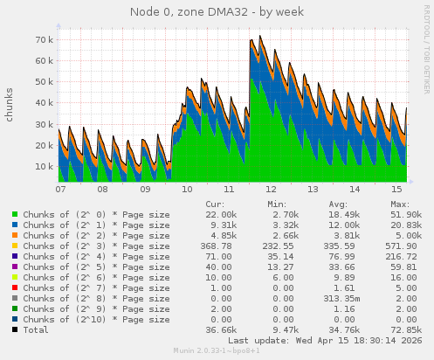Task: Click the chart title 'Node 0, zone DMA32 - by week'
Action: coord(217,11)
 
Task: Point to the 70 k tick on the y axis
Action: coord(40,39)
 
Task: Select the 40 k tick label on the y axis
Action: coord(40,103)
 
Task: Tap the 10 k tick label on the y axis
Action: coord(40,166)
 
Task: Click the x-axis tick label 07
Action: coord(60,189)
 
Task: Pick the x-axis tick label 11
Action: coord(230,189)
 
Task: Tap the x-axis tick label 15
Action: coord(397,189)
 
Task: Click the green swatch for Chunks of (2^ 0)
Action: coord(15,214)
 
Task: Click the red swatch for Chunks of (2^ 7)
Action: coord(15,287)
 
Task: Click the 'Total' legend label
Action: coord(36,329)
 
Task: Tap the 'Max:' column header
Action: coord(389,204)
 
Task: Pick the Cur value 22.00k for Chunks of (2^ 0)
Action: coord(221,214)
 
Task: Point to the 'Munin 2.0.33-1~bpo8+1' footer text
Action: coord(217,351)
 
